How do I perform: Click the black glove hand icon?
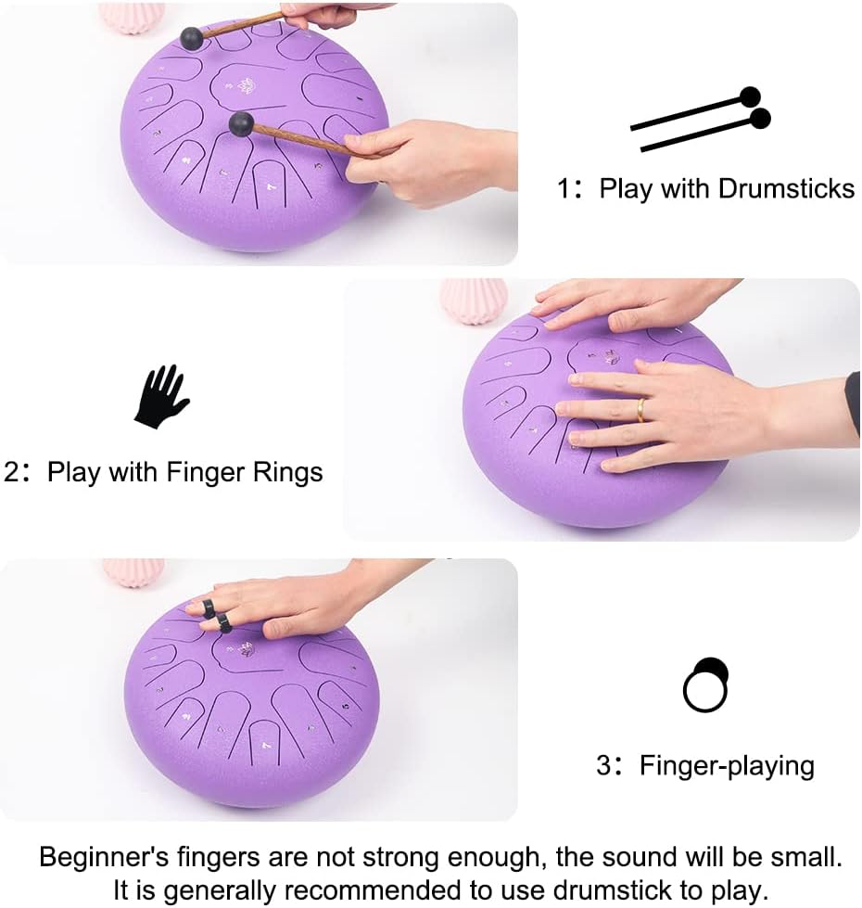point(161,396)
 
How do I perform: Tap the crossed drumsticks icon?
point(702,121)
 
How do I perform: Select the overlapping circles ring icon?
point(706,685)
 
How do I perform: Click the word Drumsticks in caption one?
point(786,188)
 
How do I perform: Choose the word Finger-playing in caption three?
point(727,766)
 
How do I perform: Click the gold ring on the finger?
point(640,410)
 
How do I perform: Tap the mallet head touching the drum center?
point(241,123)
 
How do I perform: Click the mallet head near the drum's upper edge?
point(192,38)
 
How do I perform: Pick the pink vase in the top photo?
point(131,17)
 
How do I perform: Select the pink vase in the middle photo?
point(473,300)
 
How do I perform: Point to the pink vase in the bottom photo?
point(133,571)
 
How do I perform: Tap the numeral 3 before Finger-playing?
point(603,767)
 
